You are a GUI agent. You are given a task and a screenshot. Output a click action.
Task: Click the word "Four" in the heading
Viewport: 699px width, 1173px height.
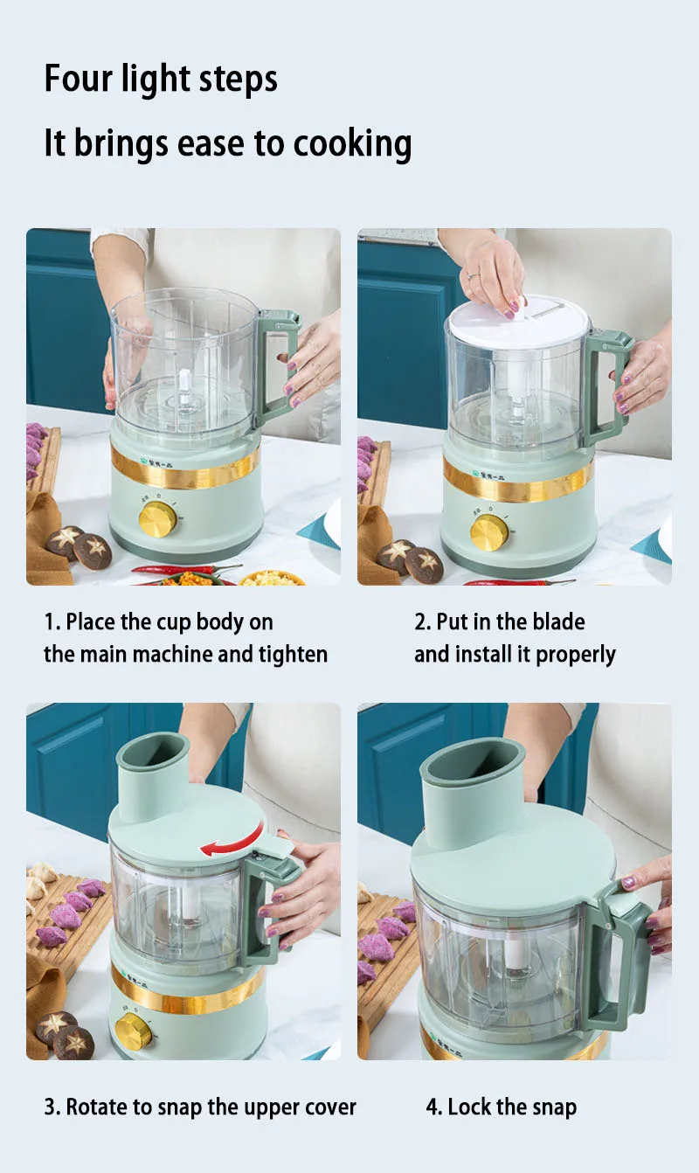(79, 79)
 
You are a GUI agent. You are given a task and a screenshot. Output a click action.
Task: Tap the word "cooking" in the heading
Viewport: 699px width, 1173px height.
(352, 143)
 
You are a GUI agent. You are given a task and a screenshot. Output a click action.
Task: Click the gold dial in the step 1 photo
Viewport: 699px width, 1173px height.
(157, 519)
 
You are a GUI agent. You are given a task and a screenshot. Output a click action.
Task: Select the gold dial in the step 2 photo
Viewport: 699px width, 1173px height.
(489, 532)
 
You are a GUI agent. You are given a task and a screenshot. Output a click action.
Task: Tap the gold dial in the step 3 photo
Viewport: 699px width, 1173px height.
(134, 1032)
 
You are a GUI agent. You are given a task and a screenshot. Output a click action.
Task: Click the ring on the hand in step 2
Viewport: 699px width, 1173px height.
(473, 275)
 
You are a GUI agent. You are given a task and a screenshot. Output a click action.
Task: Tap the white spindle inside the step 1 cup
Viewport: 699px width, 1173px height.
(184, 387)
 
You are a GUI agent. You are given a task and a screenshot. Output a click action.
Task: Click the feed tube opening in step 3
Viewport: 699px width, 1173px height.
(153, 751)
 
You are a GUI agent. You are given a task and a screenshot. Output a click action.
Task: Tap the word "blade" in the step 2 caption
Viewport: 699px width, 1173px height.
(558, 621)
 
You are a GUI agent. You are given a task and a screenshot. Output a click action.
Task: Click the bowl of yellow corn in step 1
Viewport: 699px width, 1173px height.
(273, 578)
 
